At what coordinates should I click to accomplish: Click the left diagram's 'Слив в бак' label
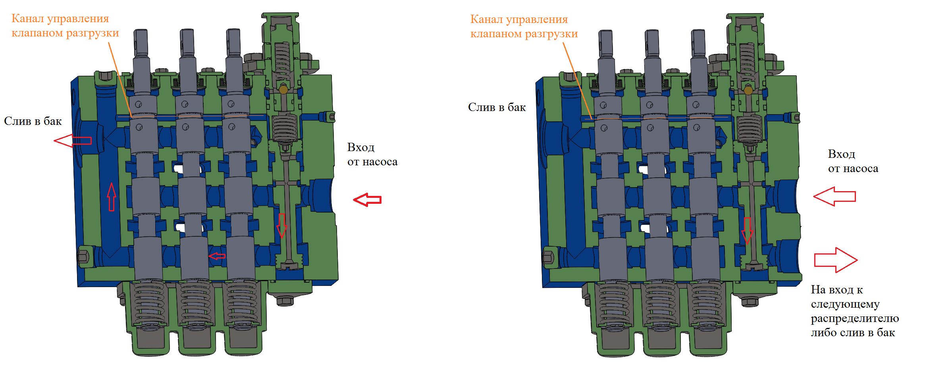tap(33, 121)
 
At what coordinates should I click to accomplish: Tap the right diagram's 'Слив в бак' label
tap(497, 107)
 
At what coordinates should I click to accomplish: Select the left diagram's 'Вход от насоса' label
tap(372, 155)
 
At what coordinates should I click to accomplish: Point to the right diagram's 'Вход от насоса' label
tap(853, 161)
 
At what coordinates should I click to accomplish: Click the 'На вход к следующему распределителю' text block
tap(854, 311)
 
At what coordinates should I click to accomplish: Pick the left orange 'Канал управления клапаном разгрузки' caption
tap(65, 26)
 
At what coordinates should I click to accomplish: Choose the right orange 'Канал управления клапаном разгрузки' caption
tap(524, 27)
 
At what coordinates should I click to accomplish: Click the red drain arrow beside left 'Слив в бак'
tap(73, 140)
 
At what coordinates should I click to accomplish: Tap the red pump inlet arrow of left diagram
tap(367, 199)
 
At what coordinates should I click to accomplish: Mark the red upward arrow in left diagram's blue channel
tap(112, 197)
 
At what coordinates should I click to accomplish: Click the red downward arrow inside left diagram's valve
tap(281, 225)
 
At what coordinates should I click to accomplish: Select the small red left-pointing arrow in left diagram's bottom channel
tap(217, 256)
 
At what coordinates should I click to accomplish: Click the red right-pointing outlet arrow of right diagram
tap(835, 260)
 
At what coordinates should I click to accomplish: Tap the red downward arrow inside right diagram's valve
tap(747, 230)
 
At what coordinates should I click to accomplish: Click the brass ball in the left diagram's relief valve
tap(283, 90)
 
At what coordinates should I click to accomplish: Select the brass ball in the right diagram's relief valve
tap(748, 90)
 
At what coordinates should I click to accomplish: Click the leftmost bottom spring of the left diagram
tap(149, 303)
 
